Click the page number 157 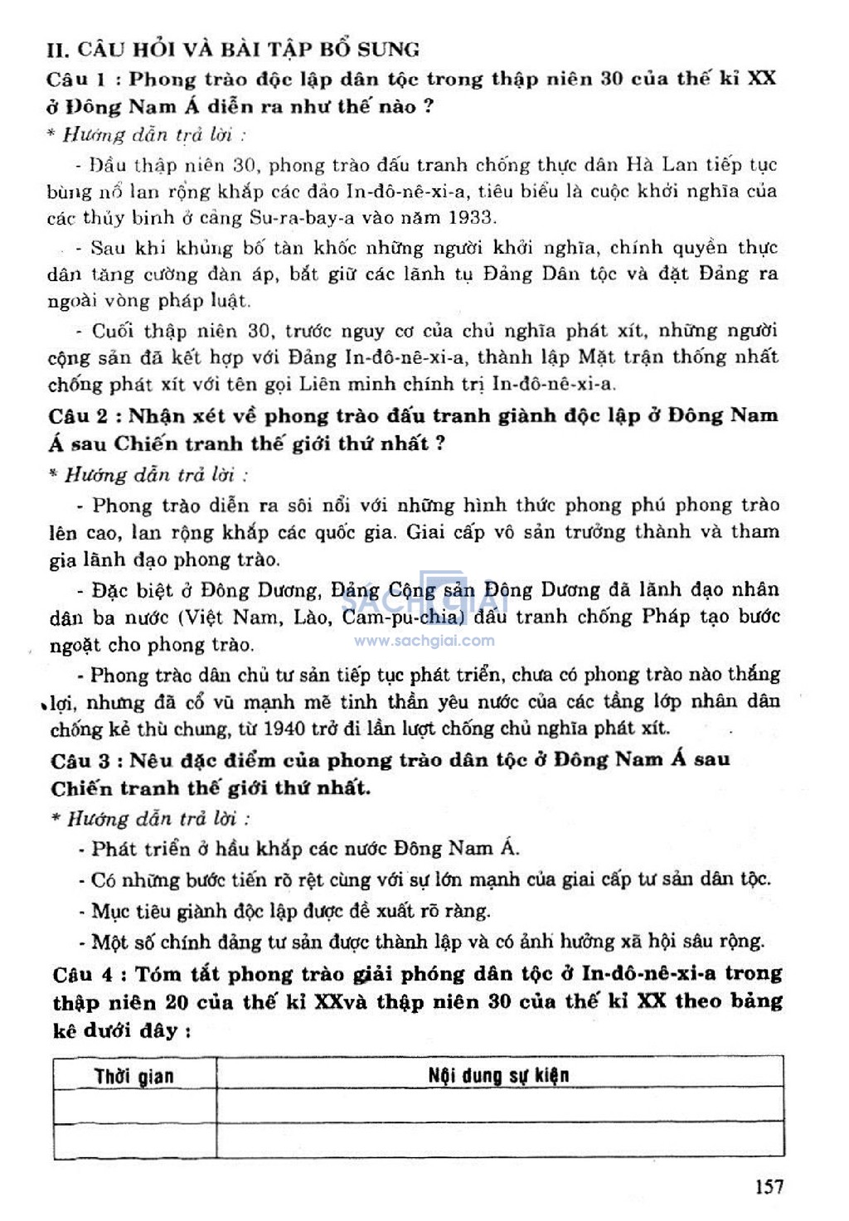pyautogui.click(x=769, y=1186)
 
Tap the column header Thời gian pyautogui.click(x=133, y=1076)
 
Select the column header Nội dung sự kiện pyautogui.click(x=498, y=1075)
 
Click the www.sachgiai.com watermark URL pyautogui.click(x=424, y=640)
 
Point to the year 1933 pyautogui.click(x=473, y=218)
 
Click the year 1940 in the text pyautogui.click(x=284, y=729)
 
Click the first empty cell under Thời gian pyautogui.click(x=134, y=1106)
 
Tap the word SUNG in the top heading pyautogui.click(x=389, y=50)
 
